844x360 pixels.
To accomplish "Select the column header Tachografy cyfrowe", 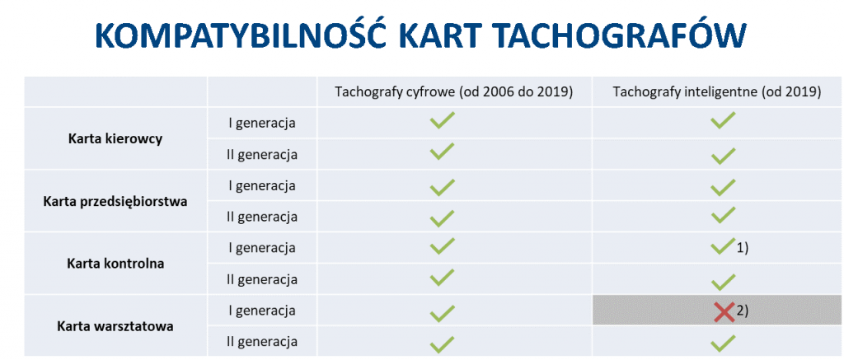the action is coord(397,92).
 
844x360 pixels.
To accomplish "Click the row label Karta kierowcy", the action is coord(115,139).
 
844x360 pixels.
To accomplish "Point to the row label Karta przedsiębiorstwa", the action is coord(115,202).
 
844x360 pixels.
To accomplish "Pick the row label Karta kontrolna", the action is coord(115,264).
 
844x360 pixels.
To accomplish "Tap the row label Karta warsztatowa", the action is coord(115,326).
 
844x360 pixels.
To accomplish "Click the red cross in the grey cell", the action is coord(724,312).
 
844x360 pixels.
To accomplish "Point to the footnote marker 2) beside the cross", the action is coord(743,311).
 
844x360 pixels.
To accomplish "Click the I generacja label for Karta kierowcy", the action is coord(262,124).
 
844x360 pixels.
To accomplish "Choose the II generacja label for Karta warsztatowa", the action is coord(262,342).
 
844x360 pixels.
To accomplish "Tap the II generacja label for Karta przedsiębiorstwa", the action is coord(262,217).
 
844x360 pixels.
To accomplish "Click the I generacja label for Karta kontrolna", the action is coord(262,248).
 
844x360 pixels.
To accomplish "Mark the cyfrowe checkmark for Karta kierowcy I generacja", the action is coord(443,120).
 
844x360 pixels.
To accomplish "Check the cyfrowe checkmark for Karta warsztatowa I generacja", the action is coord(443,312).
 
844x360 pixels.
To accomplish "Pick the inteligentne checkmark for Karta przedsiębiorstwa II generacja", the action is coord(723,215).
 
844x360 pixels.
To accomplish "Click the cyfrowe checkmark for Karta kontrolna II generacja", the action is coord(443,277).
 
